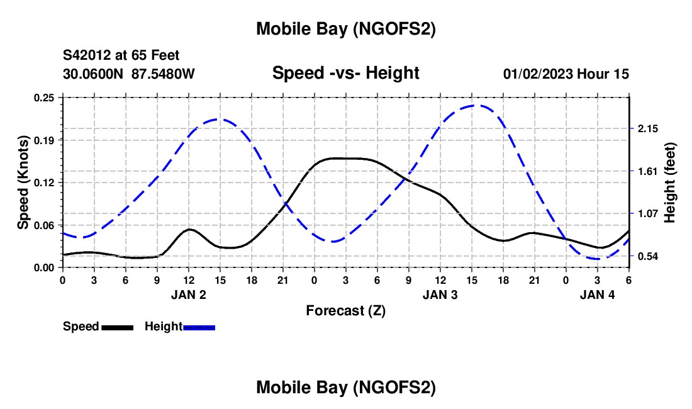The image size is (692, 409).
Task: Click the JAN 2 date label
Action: [189, 294]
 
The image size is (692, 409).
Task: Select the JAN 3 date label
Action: [440, 294]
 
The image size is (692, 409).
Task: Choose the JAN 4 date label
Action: [598, 294]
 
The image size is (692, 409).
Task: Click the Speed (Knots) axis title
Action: [23, 182]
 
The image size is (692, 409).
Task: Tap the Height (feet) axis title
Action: [670, 182]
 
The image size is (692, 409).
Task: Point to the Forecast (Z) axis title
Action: [345, 310]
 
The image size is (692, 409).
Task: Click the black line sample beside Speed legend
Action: [117, 327]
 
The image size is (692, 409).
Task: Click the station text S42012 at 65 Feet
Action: [121, 55]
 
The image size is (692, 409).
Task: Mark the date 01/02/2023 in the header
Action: [538, 74]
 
